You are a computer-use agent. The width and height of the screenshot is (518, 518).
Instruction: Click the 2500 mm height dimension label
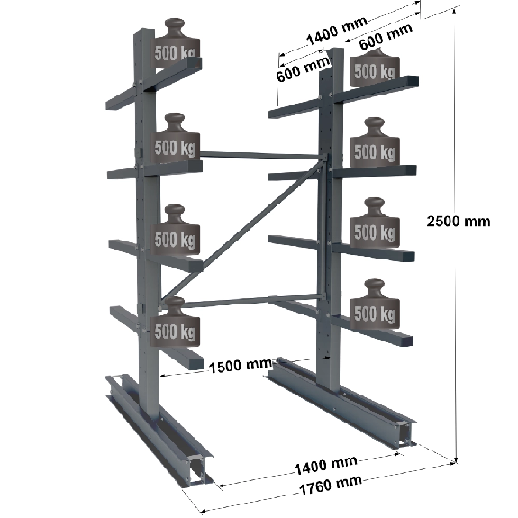point(459,221)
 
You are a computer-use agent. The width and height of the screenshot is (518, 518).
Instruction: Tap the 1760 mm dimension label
point(330,485)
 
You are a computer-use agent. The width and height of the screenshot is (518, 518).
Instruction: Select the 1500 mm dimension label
point(241,366)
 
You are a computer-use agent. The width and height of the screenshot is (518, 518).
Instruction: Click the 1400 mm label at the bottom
point(325,465)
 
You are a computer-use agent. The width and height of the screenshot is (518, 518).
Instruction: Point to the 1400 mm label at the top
point(337,30)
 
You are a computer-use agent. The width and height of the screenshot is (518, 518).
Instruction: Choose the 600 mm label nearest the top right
point(386,36)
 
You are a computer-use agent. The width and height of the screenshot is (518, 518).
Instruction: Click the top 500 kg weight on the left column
point(175,43)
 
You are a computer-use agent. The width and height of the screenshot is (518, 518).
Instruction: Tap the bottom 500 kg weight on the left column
point(175,322)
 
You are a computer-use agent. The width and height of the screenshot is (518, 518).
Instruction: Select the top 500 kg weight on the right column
point(375,68)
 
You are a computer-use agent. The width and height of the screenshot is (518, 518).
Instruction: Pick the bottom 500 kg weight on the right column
point(375,304)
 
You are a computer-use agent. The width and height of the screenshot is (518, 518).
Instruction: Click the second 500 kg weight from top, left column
point(175,138)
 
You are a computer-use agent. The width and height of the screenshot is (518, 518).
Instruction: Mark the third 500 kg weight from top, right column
point(375,223)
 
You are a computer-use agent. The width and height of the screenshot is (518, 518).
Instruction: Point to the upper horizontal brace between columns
point(261,155)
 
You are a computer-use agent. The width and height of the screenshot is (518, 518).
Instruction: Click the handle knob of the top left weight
point(175,26)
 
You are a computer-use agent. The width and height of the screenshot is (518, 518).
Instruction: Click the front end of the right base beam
point(407,433)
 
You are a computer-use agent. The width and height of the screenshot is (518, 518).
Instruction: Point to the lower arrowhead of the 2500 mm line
point(456,460)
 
